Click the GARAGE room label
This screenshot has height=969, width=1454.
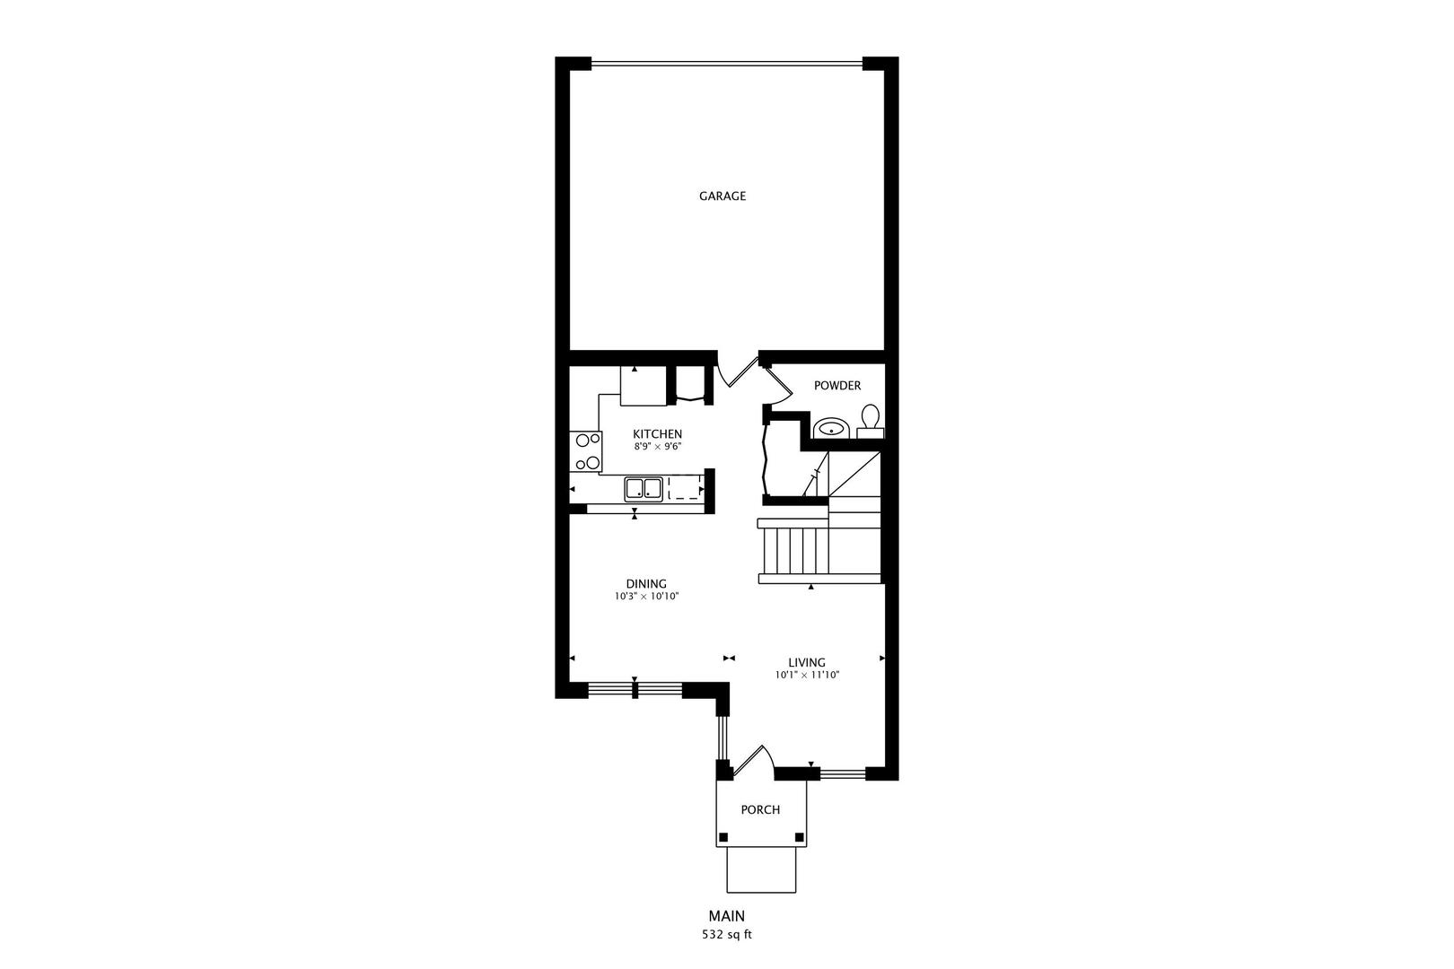pyautogui.click(x=723, y=196)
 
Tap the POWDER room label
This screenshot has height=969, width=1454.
pyautogui.click(x=836, y=386)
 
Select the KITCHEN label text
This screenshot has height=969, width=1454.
pyautogui.click(x=657, y=434)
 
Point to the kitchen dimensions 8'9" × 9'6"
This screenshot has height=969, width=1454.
pyautogui.click(x=657, y=446)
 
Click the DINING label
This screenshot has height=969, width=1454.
pyautogui.click(x=646, y=584)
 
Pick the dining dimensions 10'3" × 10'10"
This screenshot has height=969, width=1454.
pyautogui.click(x=646, y=597)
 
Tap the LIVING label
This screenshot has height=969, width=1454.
pyautogui.click(x=807, y=663)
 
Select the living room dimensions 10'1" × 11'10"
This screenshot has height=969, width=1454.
pyautogui.click(x=807, y=676)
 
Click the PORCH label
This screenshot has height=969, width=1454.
pyautogui.click(x=760, y=810)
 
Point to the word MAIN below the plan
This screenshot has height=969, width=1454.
pyautogui.click(x=726, y=917)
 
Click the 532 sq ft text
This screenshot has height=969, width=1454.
pyautogui.click(x=726, y=935)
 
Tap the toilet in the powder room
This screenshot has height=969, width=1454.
pyautogui.click(x=870, y=422)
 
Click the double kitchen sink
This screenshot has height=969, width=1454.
pyautogui.click(x=644, y=489)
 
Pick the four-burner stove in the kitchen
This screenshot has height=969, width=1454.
pyautogui.click(x=587, y=451)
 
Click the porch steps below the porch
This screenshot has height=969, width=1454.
pyautogui.click(x=761, y=869)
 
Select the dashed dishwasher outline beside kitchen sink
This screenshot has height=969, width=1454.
pyautogui.click(x=684, y=488)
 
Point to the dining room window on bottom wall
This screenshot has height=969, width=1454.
pyautogui.click(x=635, y=690)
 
